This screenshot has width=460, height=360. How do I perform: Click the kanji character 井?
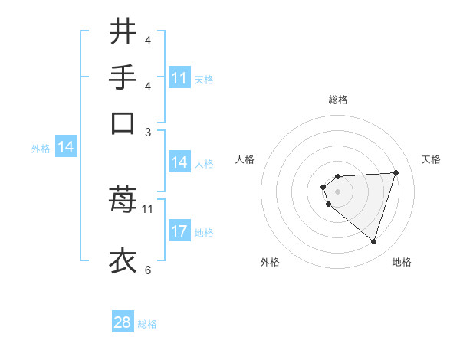pos(123,31)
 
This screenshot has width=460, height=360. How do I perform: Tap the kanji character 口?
pos(123,123)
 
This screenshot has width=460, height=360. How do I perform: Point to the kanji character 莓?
pos(123,201)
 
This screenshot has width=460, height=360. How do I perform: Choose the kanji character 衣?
pos(123,260)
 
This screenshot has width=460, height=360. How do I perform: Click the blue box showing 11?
pos(179,78)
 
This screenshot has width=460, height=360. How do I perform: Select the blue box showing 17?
pos(179,232)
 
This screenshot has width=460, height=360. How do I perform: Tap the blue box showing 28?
pos(123,322)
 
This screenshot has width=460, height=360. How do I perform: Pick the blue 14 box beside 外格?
pos(65,148)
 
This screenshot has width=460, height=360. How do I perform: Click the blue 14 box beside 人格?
pos(179,162)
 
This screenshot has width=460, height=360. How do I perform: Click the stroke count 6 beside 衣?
pos(147,270)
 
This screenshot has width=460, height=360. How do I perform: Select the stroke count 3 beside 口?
pos(147,132)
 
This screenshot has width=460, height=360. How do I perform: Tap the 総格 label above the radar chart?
pos(337,100)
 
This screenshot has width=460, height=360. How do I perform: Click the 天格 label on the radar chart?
pos(432,159)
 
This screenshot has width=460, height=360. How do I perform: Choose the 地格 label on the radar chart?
pos(402,262)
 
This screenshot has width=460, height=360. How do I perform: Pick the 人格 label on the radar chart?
pos(245,159)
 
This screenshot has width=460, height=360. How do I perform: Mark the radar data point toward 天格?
pos(396,172)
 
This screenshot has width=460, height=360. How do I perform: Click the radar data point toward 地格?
pos(373,241)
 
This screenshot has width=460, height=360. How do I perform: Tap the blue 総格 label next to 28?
pos(147,324)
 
